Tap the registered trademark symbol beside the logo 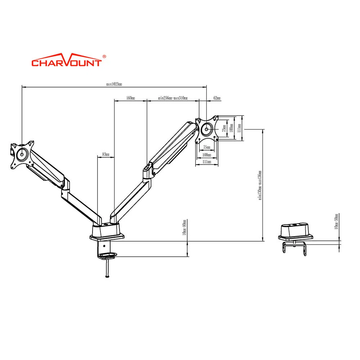[x=104, y=57]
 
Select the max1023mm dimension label [x=114, y=85]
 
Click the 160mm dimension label [x=131, y=98]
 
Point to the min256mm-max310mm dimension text [x=173, y=98]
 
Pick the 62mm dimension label [x=217, y=98]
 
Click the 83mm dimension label [x=106, y=154]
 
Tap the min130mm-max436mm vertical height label [x=260, y=185]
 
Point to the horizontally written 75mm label [x=207, y=147]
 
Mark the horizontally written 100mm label [x=207, y=155]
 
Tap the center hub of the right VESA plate [x=206, y=129]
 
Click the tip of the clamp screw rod [x=107, y=276]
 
